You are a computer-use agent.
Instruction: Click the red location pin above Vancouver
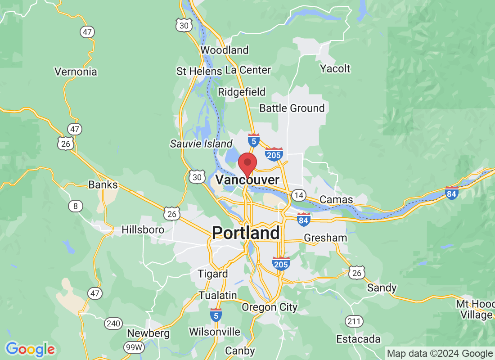247,163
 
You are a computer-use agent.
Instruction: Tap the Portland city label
246,233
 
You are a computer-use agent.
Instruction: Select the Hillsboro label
143,229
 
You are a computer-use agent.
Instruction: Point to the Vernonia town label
76,72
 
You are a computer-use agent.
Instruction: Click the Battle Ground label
292,108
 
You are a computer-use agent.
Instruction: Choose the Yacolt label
335,68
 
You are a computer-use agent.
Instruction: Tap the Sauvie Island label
201,144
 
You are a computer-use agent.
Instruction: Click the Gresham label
325,238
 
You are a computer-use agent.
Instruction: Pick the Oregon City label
270,307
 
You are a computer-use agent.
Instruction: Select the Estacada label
359,339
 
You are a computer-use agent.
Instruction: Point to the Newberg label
148,333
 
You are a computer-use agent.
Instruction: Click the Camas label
336,199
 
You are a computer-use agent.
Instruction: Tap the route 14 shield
298,195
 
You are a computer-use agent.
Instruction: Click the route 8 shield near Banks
76,206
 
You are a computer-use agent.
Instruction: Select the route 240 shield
113,323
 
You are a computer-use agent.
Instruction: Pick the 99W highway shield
134,347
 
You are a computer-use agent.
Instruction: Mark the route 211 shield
354,321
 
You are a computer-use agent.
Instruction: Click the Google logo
30,349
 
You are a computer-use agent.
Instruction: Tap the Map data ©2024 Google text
440,354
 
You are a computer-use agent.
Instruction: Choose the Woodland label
225,50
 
